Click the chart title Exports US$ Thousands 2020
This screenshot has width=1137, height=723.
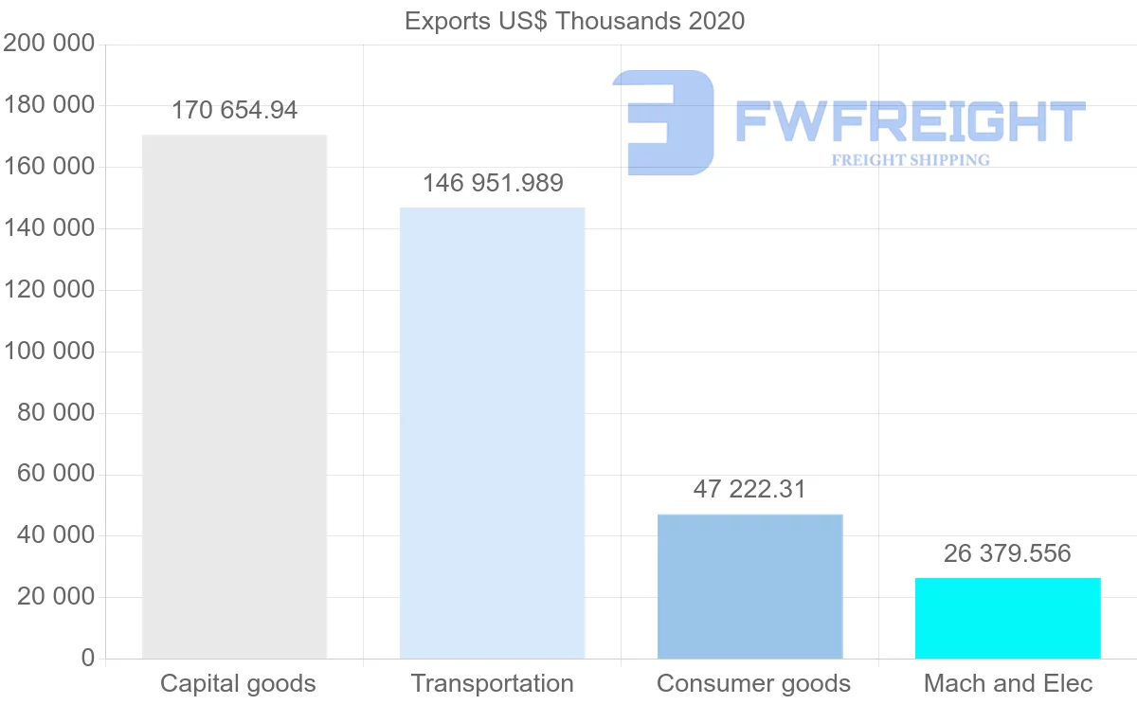coord(574,21)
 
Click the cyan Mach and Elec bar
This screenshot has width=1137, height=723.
coord(1007,618)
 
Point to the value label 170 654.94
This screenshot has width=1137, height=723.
coord(234,111)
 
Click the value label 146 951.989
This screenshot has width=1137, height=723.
coord(493,183)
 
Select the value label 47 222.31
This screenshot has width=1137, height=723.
coord(749,490)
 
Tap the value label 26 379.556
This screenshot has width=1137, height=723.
coord(1007,553)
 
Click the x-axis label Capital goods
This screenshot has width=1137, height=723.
coord(238,683)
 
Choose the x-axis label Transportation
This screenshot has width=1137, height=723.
coord(492,683)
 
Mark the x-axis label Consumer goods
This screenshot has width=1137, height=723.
coord(753,683)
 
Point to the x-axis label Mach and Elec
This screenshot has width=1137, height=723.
coord(1008,683)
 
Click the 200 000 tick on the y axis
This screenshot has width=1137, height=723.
coord(48,44)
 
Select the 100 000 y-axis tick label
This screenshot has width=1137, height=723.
coord(48,352)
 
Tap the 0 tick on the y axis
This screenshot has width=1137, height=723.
coord(88,659)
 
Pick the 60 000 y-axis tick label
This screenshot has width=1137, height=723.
coord(56,474)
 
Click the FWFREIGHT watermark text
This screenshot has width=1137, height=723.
coord(910,122)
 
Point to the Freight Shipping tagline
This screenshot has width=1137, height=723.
coord(910,160)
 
